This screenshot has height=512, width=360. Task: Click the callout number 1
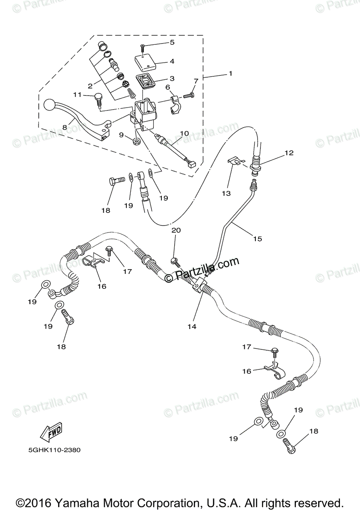(230, 73)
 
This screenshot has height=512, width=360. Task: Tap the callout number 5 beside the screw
(172, 42)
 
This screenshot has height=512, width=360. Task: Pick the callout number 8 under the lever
(65, 127)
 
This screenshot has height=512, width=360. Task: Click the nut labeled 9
(136, 141)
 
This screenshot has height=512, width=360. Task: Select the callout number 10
(184, 134)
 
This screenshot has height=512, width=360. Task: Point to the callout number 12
(289, 152)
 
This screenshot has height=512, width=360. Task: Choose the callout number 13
(226, 193)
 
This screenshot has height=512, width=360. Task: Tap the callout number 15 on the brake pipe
(257, 239)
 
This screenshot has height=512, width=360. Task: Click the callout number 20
(176, 230)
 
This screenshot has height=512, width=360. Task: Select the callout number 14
(191, 326)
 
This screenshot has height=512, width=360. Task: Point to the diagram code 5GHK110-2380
(53, 450)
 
